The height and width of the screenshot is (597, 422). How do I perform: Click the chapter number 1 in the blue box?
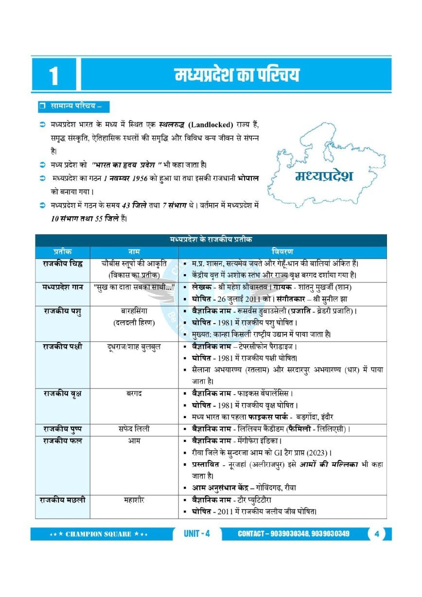tap(53, 76)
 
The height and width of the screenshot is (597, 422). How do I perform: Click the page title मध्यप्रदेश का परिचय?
tap(237, 75)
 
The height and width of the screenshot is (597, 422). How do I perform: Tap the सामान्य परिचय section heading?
tap(74, 106)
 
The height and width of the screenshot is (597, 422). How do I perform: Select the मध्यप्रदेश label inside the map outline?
tap(324, 176)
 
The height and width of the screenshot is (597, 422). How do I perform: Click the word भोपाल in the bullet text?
tap(248, 178)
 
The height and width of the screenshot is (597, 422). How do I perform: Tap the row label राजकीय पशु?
tap(62, 312)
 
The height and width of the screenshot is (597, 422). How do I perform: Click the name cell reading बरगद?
tap(134, 393)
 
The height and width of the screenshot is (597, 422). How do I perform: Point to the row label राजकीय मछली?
tap(62, 499)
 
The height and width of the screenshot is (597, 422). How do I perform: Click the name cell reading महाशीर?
tap(134, 499)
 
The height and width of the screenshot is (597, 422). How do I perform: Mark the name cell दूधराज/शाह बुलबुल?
tap(134, 347)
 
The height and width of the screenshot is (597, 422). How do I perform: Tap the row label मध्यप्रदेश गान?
tap(62, 287)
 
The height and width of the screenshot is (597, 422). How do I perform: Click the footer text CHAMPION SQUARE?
tap(99, 534)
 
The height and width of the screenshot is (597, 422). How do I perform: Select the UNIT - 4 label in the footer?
tap(197, 534)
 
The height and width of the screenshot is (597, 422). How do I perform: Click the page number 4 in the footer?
tap(377, 534)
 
